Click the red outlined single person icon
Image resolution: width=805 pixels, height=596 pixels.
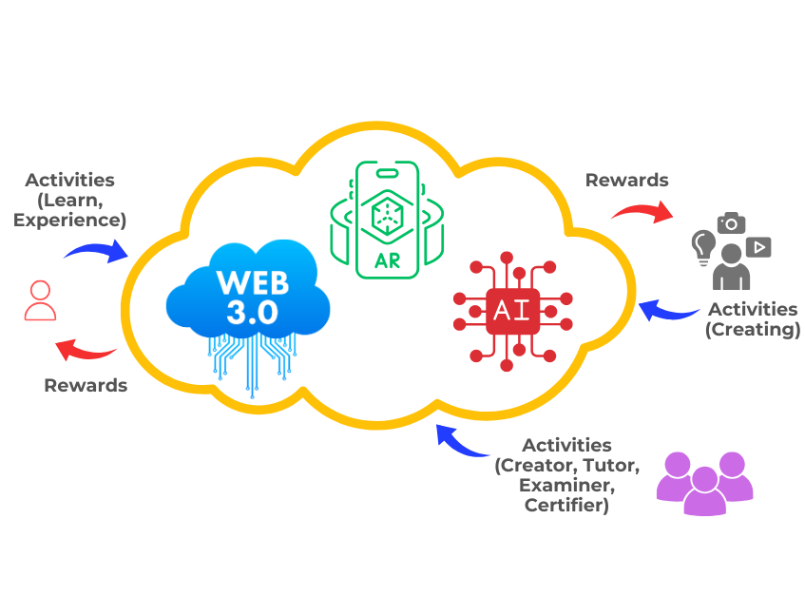coord(40,300)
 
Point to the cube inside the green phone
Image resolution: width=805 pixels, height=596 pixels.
coord(388,214)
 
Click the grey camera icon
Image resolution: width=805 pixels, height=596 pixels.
coord(731,223)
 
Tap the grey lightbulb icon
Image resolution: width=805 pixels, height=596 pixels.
coord(703,244)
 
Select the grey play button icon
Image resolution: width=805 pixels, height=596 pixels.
coord(758,247)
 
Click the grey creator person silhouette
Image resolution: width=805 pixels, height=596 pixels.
coord(731,268)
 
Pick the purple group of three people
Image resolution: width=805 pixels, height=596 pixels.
coord(704,483)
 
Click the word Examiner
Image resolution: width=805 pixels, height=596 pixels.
coord(566,485)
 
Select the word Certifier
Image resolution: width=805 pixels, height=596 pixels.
coord(566,506)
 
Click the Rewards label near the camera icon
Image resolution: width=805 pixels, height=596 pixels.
coord(626,180)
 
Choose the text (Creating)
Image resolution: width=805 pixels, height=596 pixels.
coord(753,330)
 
